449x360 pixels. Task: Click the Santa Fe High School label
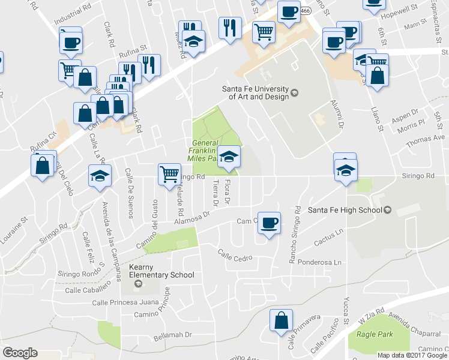pos(345,210)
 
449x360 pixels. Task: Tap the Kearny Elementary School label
pos(161,271)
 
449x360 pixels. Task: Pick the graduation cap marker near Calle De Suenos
pos(100,176)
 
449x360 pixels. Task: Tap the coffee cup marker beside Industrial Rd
pos(70,42)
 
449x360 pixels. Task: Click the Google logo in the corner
pos(20,353)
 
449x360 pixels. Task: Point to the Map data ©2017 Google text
pos(412,355)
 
